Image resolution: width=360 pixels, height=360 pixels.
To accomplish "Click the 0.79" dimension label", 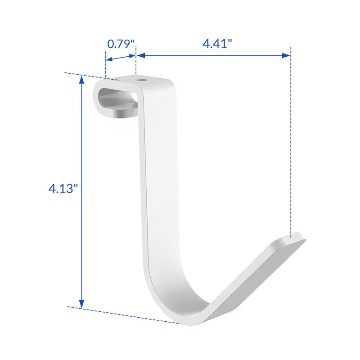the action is pyautogui.click(x=121, y=44).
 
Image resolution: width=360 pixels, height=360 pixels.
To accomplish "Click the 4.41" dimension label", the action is pyautogui.click(x=217, y=43).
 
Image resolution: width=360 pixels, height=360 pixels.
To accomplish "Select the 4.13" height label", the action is pyautogui.click(x=63, y=189).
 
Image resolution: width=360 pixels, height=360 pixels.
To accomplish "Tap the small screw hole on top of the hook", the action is pyautogui.click(x=142, y=81).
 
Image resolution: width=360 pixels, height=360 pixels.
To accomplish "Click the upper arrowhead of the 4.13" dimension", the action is pyautogui.click(x=81, y=80).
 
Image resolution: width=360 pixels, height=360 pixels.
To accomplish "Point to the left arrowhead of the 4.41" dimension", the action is pyautogui.click(x=141, y=55).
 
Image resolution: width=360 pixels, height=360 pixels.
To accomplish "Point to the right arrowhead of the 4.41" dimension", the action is pyautogui.click(x=286, y=55).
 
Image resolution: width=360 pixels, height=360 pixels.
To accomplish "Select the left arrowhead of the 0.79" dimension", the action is pyautogui.click(x=109, y=59).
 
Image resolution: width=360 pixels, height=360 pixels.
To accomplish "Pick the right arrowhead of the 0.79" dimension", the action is pyautogui.click(x=132, y=56).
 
